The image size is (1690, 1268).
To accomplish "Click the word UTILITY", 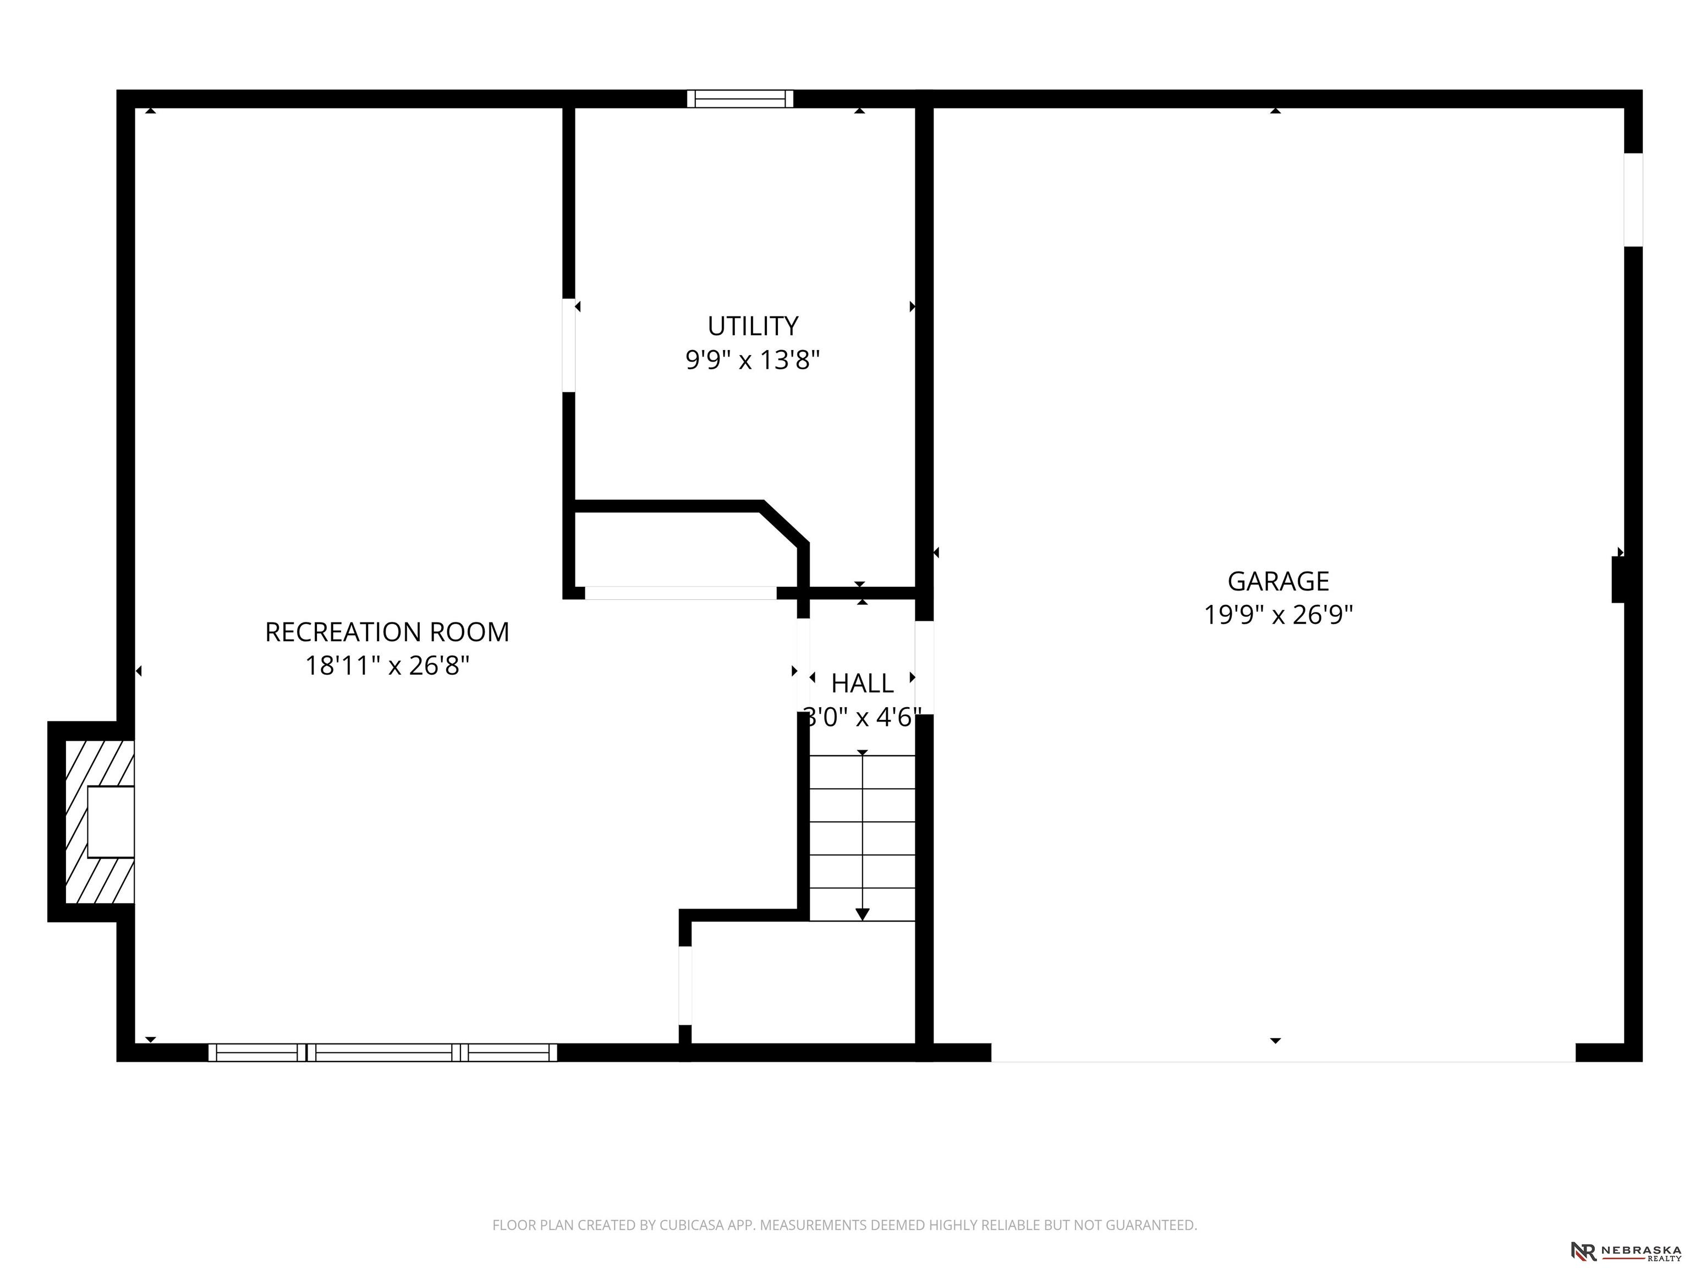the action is tap(753, 326).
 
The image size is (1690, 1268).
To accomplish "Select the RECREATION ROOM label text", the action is tap(387, 632).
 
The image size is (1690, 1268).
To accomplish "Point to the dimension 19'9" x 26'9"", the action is tap(1278, 615).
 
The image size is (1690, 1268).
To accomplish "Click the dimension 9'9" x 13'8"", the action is tap(753, 359).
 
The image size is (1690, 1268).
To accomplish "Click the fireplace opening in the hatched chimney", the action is tap(111, 822).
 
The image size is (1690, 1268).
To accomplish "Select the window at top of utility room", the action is tap(739, 99).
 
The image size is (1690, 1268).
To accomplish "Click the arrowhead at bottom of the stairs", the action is tap(863, 914).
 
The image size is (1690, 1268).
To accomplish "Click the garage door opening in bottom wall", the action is tap(1283, 1052).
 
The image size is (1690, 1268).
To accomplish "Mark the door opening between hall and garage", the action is tap(924, 667).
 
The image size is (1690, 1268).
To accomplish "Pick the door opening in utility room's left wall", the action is tap(568, 345).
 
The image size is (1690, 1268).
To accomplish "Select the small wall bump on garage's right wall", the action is tap(1618, 580).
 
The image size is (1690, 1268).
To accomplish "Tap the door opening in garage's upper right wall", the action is tap(1633, 199).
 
